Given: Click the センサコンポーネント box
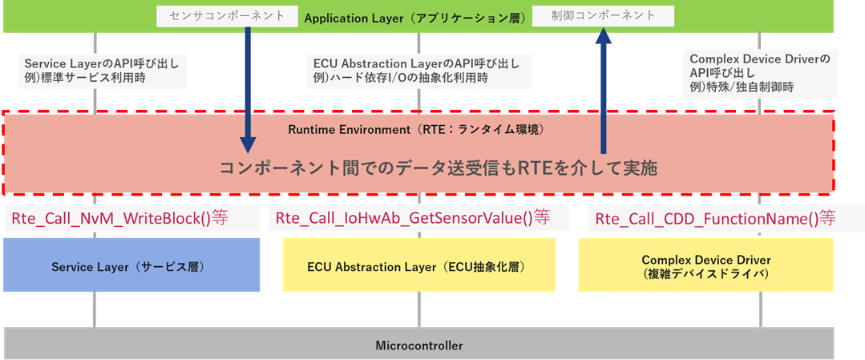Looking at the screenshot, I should tap(205, 15).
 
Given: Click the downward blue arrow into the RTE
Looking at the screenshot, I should tap(248, 88).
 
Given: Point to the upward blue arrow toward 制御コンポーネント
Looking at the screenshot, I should tap(601, 88).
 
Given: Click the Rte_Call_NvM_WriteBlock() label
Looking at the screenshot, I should tap(120, 217).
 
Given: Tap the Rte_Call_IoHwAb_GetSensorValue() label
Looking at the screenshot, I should tap(413, 217).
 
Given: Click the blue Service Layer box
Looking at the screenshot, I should tap(131, 265).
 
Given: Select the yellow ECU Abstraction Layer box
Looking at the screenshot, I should tap(420, 265).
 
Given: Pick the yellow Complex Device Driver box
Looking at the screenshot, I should tap(705, 265).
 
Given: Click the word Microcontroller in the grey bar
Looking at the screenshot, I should tap(419, 346).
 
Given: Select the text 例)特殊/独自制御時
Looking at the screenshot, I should tap(742, 88).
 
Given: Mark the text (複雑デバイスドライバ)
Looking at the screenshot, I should tap(705, 273).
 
